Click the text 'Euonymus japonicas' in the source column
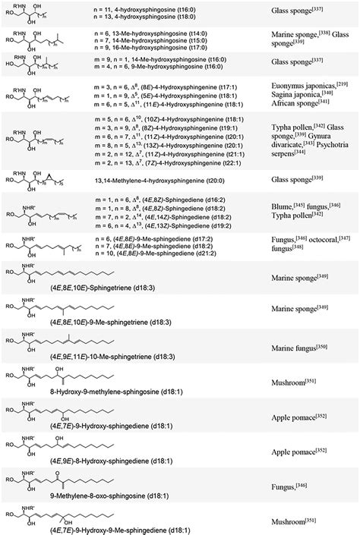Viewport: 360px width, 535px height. tap(305, 90)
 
